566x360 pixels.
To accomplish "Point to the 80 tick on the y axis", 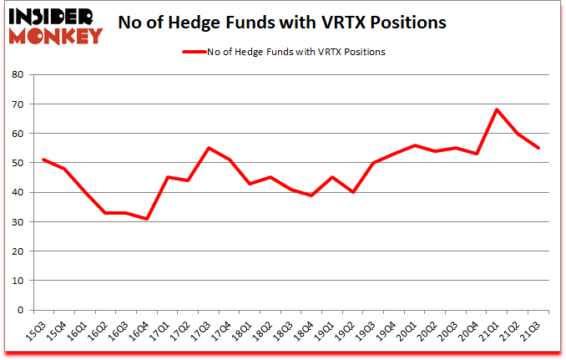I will click(19, 75).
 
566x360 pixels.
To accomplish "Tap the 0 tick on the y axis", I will click(23, 310).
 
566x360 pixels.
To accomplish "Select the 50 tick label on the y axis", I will click(19, 163).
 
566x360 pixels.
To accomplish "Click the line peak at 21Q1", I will click(496, 109).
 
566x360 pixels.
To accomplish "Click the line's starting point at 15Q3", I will click(43, 160).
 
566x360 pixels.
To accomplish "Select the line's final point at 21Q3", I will click(538, 148).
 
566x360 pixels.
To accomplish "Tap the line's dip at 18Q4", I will click(311, 195).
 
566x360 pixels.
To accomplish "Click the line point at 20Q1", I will click(413, 145).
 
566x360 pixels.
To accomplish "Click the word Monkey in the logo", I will click(55, 35).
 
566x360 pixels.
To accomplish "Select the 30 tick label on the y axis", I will click(19, 222).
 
